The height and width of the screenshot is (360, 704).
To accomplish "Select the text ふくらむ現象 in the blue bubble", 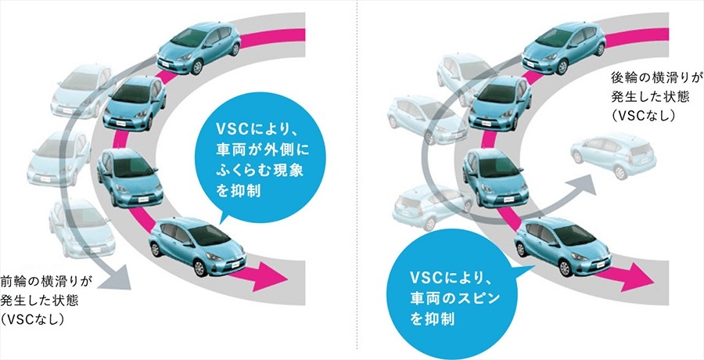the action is click(x=260, y=171).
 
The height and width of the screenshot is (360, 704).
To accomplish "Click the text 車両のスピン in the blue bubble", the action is click(x=454, y=298).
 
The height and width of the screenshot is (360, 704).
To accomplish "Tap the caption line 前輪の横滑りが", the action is click(x=46, y=282).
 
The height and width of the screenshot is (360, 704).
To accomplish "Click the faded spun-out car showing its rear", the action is click(x=613, y=154).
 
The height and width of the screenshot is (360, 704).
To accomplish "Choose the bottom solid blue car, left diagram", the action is click(x=198, y=245).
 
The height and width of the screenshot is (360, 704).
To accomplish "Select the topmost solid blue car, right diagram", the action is click(x=563, y=48).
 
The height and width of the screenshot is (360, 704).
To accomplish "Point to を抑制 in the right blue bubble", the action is click(x=433, y=319).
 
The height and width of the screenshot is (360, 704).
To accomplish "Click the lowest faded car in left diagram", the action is click(x=82, y=229).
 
